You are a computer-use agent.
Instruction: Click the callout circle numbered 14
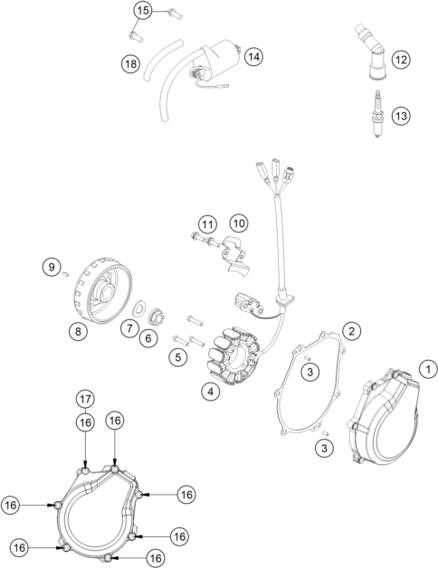coord(253,57)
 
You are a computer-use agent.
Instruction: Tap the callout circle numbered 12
coord(401,60)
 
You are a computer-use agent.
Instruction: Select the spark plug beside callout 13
coord(377,115)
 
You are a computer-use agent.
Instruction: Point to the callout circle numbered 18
coord(130,63)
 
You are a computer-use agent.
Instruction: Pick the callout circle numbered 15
coord(143,11)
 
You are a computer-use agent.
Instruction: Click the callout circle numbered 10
coord(239,223)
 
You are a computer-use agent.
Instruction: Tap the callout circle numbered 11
coord(207,225)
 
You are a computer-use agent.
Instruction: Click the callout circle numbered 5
coord(177,357)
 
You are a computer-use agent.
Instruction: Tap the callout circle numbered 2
coord(351,330)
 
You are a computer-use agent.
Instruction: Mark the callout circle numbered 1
coord(428,370)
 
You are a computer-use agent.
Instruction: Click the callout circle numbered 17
coord(86,399)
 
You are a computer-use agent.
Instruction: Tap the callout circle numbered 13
coord(401,116)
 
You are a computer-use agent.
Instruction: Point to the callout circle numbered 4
coord(211,392)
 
